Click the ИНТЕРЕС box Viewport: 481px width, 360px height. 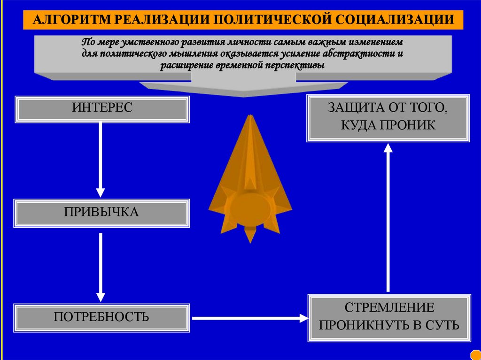pos(102,109)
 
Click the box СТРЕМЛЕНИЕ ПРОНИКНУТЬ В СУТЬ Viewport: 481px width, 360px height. pos(388,317)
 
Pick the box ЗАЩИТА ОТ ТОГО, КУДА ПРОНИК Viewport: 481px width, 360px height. pos(388,118)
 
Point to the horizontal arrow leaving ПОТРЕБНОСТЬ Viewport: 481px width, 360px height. pos(249,318)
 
